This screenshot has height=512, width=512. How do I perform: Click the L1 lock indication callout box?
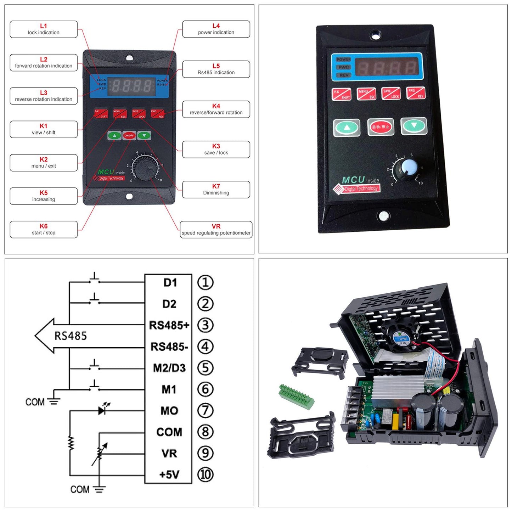[44, 29]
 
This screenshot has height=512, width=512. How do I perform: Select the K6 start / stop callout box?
[44, 230]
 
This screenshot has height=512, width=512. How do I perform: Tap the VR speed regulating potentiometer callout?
[216, 230]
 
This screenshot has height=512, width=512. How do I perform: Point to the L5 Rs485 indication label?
[216, 69]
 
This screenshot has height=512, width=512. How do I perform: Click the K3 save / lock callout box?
[216, 150]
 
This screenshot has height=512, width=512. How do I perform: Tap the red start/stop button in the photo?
[381, 127]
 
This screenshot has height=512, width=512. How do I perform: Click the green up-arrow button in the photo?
[347, 128]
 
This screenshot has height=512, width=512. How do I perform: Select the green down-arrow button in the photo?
[414, 126]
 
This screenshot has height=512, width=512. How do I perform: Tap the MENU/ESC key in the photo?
[366, 94]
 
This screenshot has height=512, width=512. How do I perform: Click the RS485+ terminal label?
[169, 325]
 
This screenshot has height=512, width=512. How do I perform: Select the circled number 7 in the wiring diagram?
[206, 411]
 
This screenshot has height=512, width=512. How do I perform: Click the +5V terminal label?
[169, 474]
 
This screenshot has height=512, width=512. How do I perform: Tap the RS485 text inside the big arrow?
[71, 336]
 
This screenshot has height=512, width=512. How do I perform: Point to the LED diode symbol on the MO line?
[103, 410]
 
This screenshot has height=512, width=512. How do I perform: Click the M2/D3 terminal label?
[169, 368]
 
